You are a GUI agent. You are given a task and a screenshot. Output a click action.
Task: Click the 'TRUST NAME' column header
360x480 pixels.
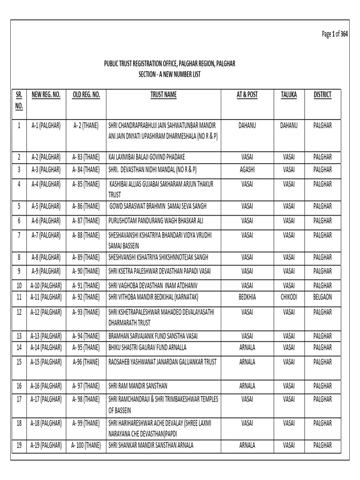coord(163,95)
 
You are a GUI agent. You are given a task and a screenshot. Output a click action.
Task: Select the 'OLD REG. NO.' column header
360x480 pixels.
coord(87,95)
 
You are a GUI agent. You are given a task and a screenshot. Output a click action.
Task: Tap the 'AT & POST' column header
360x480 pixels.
coord(247,95)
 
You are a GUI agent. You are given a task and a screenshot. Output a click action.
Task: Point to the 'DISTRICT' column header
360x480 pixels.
coord(322,95)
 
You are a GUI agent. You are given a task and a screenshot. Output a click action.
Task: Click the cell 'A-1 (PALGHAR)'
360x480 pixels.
coord(46,126)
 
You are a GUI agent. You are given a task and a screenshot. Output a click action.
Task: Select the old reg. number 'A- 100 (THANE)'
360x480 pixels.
coord(87,445)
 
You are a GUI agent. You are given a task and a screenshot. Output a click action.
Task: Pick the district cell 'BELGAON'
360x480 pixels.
coord(322,297)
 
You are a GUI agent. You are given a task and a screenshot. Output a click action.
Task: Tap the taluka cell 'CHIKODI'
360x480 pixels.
coord(289,297)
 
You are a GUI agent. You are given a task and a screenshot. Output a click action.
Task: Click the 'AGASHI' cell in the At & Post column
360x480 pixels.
coord(247,169)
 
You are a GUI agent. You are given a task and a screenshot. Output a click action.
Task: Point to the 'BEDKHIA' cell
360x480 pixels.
coord(247,297)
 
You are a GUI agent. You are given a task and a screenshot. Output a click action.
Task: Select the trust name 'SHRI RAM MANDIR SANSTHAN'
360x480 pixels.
coord(138,386)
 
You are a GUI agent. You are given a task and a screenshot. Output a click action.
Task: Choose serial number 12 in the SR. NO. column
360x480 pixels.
coord(19,312)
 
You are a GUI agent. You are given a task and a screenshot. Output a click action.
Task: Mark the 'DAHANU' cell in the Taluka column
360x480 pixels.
coord(289,126)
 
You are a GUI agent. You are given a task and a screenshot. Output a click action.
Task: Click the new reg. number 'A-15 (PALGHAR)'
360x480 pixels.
coord(46,362)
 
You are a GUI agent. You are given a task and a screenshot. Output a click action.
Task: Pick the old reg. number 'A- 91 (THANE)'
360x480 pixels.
coord(87,285)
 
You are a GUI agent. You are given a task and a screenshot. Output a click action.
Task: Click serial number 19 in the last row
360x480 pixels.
coord(19,445)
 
